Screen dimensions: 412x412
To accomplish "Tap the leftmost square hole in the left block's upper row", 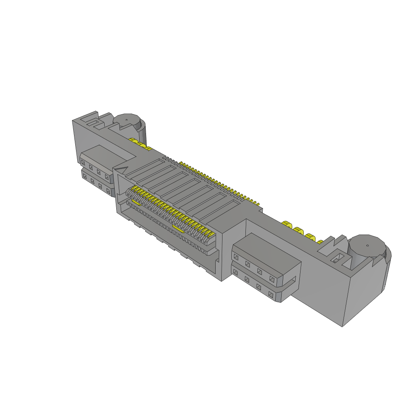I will point(83,162).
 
